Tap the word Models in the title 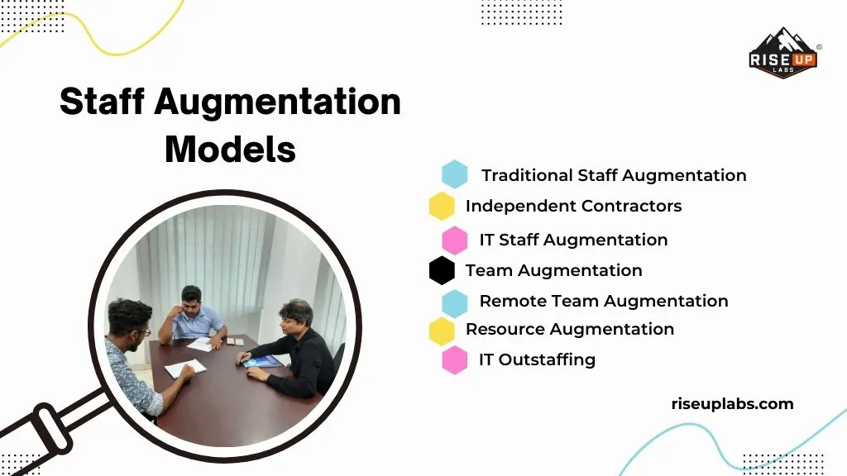coord(230,149)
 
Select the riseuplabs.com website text coord(732,404)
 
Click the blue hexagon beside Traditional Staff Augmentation coord(454,174)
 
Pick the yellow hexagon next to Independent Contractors coord(442,206)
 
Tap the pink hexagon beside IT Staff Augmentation coord(454,240)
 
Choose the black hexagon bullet coord(442,270)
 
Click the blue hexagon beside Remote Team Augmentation coord(454,302)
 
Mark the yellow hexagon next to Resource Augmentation coord(442,330)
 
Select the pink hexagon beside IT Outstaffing coord(454,359)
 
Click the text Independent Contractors coord(573,206)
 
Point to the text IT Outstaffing coord(537,359)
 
